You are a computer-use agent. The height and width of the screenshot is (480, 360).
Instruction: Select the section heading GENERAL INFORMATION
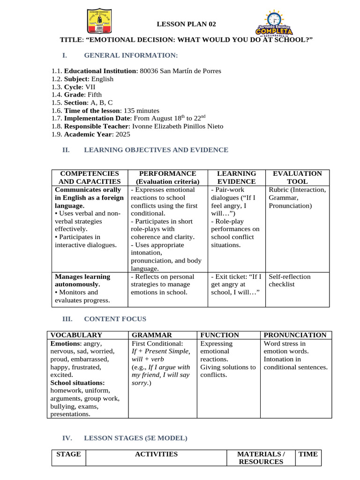[x=131, y=56]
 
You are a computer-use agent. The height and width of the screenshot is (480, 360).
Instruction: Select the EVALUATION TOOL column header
[x=297, y=177]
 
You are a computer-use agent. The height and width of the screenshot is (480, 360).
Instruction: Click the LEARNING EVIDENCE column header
[x=237, y=177]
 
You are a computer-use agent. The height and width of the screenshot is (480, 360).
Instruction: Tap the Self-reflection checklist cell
[x=289, y=280]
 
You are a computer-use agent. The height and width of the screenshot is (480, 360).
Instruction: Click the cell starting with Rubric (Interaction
[x=297, y=197]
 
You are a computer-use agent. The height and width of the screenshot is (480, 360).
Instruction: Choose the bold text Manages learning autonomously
[x=82, y=280]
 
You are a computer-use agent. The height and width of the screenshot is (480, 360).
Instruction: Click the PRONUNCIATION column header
[x=295, y=335]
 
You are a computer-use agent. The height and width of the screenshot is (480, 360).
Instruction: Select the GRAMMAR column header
[x=152, y=335]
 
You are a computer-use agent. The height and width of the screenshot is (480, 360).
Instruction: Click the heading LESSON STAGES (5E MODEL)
[x=135, y=438]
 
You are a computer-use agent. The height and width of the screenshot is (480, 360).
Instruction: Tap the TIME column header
[x=308, y=454]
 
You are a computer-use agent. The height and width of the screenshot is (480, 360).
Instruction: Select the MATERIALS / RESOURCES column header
[x=261, y=458]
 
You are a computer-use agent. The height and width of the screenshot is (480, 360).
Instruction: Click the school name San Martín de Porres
[x=190, y=71]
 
